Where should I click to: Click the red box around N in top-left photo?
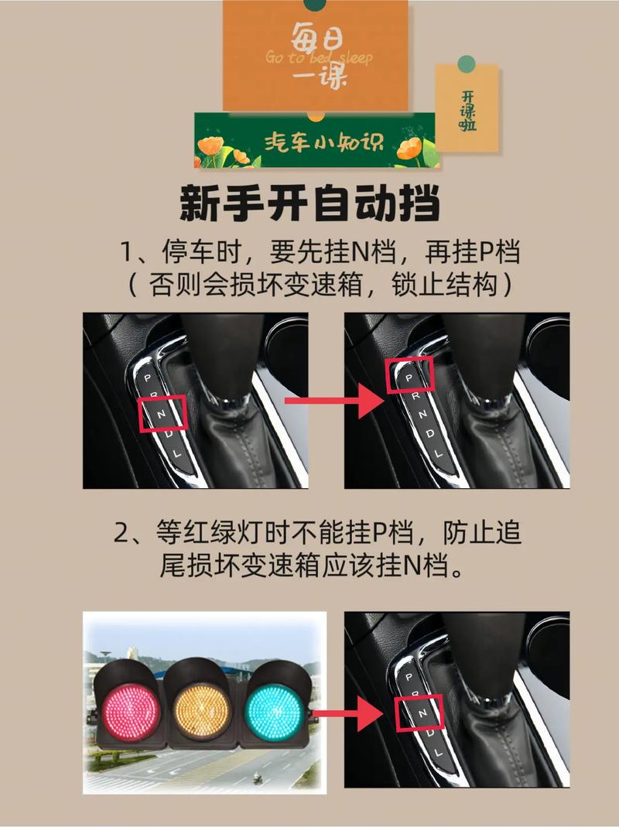click(162, 413)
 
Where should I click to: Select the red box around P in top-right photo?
click(410, 375)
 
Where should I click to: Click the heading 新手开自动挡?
click(309, 206)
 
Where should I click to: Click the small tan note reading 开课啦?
click(467, 108)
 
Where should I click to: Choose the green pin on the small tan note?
click(465, 63)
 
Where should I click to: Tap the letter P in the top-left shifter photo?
click(146, 378)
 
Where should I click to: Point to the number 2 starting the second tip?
click(121, 534)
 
